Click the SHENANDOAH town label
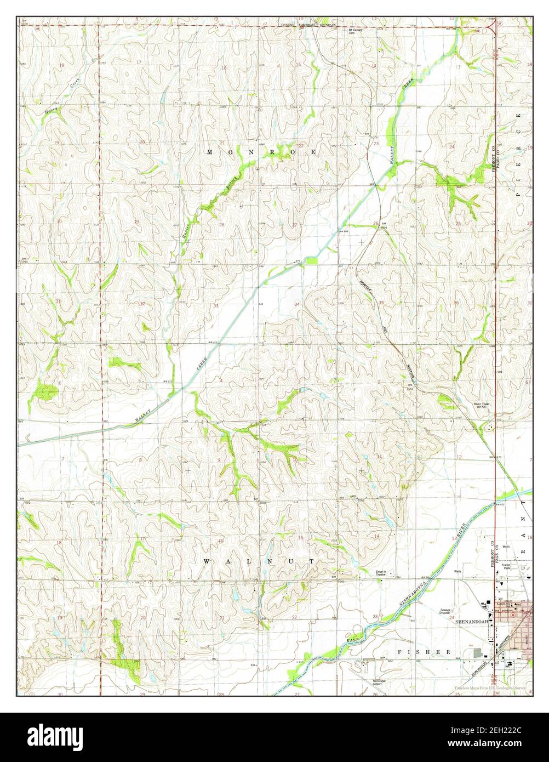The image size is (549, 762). click(471, 622)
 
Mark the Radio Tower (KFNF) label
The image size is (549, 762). click(482, 405)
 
